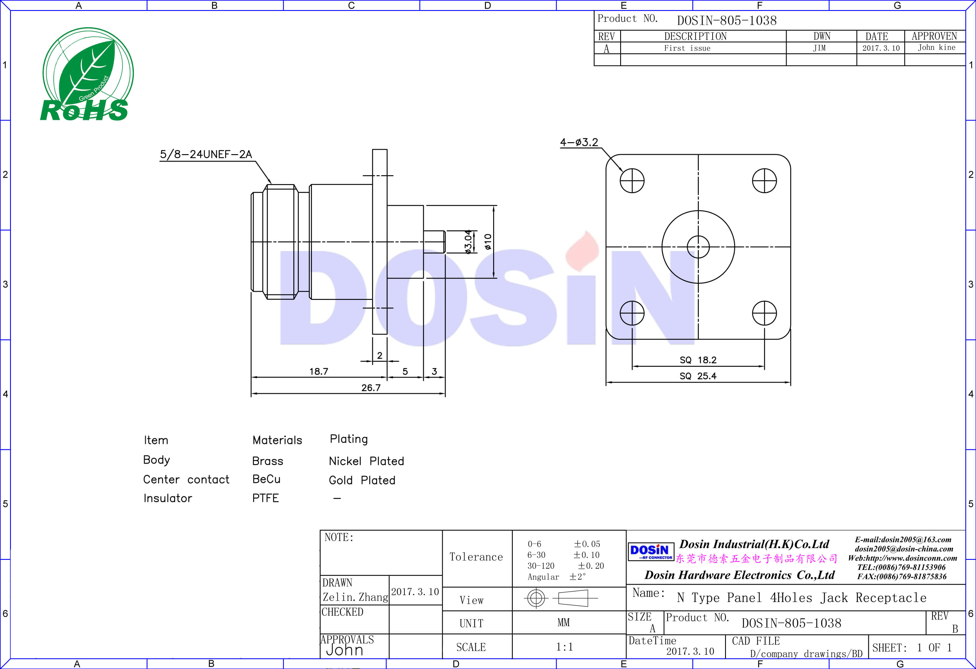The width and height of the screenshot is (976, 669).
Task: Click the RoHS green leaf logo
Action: [87, 74]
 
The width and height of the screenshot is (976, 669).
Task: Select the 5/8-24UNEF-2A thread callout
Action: [206, 154]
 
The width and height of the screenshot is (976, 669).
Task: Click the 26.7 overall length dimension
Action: [371, 387]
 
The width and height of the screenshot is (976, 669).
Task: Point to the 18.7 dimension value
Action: [319, 371]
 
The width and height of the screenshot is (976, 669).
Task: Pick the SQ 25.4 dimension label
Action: [698, 376]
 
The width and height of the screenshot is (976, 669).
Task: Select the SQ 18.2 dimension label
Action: [698, 360]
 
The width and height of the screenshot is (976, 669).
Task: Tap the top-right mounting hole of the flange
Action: [764, 181]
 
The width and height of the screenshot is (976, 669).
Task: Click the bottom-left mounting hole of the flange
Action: [632, 313]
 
